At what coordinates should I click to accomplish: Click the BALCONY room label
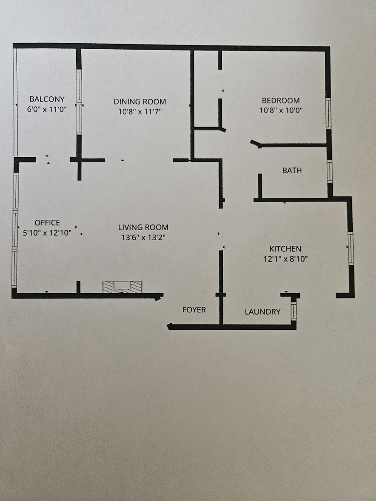[47, 99]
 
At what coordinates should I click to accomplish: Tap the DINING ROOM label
[140, 102]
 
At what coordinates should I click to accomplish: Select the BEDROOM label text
[280, 100]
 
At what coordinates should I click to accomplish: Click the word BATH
[292, 170]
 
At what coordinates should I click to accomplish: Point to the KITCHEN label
[285, 249]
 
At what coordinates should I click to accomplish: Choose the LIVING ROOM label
[143, 227]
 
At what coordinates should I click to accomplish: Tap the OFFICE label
[47, 223]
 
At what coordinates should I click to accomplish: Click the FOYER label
[194, 309]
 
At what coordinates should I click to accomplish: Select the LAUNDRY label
[262, 312]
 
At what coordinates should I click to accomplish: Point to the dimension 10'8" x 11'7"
[140, 112]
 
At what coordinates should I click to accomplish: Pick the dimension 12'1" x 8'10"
[285, 259]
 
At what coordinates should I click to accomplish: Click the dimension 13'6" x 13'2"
[143, 237]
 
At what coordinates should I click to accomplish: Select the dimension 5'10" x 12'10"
[47, 233]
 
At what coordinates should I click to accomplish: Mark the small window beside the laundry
[293, 311]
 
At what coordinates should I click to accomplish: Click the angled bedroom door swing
[256, 143]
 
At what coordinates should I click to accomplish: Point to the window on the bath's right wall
[330, 171]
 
